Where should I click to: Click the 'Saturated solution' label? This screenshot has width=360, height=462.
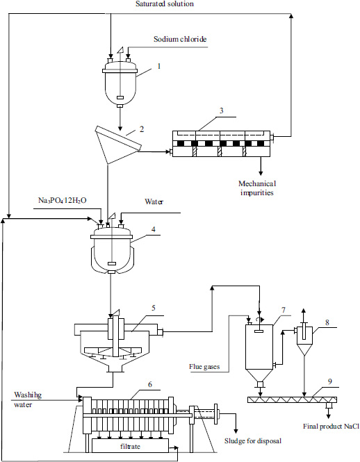tap(165, 4)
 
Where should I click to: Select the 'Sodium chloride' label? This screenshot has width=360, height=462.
tap(180, 39)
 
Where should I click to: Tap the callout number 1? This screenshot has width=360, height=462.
tap(159, 66)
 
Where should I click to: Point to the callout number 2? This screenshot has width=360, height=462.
tap(142, 129)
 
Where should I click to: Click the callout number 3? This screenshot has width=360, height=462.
tap(221, 110)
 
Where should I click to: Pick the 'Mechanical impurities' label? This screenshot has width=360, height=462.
tap(257, 188)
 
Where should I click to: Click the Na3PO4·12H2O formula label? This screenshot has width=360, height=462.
tap(63, 201)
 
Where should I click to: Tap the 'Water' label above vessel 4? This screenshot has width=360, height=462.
tap(154, 201)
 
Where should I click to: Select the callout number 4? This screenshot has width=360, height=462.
tap(154, 229)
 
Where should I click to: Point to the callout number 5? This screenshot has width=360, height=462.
tap(154, 308)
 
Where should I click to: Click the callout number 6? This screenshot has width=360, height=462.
tap(150, 384)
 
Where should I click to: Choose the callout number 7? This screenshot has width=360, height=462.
tap(284, 310)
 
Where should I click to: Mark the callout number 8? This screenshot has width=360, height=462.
tap(327, 322)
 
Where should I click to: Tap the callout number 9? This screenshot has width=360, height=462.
tap(330, 381)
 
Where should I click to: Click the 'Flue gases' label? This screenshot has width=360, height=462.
tap(204, 367)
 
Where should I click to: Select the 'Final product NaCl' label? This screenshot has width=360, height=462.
tap(332, 427)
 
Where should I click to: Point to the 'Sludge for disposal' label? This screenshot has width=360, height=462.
tap(253, 440)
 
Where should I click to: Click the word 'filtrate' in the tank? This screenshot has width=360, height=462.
tap(130, 447)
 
